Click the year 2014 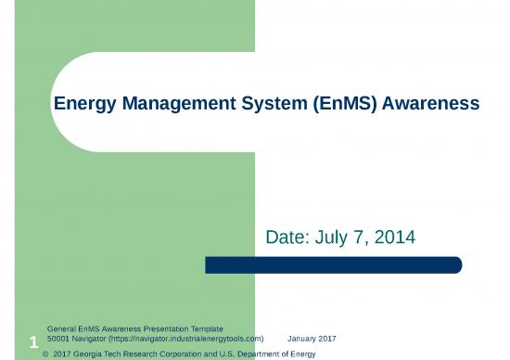click(x=393, y=238)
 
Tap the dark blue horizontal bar click(x=333, y=265)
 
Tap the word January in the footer click(x=302, y=340)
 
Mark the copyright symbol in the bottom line click(x=46, y=354)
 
